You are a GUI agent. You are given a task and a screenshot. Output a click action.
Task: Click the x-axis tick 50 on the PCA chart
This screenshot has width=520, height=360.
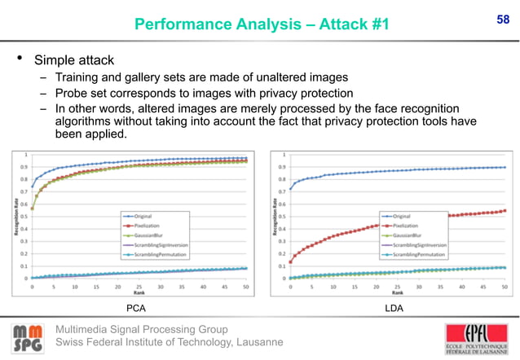[x=245, y=287]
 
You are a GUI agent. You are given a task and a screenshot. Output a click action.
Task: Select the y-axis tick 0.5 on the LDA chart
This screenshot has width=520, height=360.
[x=280, y=216]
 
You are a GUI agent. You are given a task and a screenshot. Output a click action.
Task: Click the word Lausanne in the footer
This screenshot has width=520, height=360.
[x=252, y=341]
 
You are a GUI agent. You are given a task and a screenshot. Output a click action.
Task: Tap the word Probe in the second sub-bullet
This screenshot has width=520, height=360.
[x=72, y=93]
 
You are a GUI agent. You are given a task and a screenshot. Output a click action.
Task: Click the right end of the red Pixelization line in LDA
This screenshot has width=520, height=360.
[x=505, y=210]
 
